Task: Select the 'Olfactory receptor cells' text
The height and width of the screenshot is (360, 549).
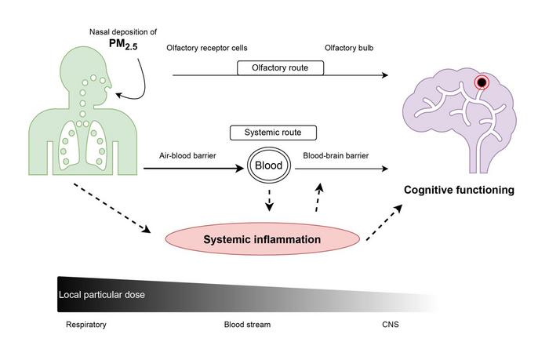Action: (x=207, y=49)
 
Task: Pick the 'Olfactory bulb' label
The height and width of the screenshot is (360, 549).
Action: (x=349, y=49)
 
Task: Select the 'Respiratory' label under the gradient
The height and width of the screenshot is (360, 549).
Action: (x=85, y=324)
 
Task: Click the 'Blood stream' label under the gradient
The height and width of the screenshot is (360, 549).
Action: (x=247, y=324)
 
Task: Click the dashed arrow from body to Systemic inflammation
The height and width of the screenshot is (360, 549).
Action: (x=114, y=209)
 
